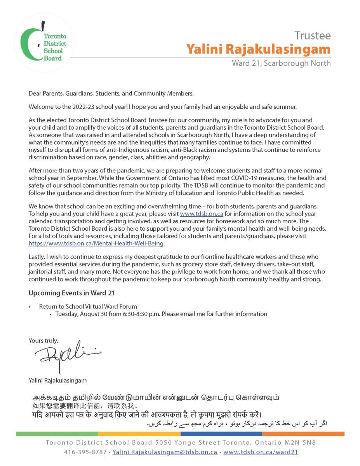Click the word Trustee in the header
point(312,36)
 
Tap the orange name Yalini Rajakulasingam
point(258,49)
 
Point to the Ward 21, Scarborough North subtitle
point(281,63)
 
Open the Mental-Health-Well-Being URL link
point(96,243)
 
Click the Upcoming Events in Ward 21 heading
point(71,293)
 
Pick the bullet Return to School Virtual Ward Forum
point(88,306)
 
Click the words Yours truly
point(43,341)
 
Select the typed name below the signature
point(57,381)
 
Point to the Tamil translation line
point(155,398)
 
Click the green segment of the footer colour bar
point(57,434)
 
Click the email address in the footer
point(165,452)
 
